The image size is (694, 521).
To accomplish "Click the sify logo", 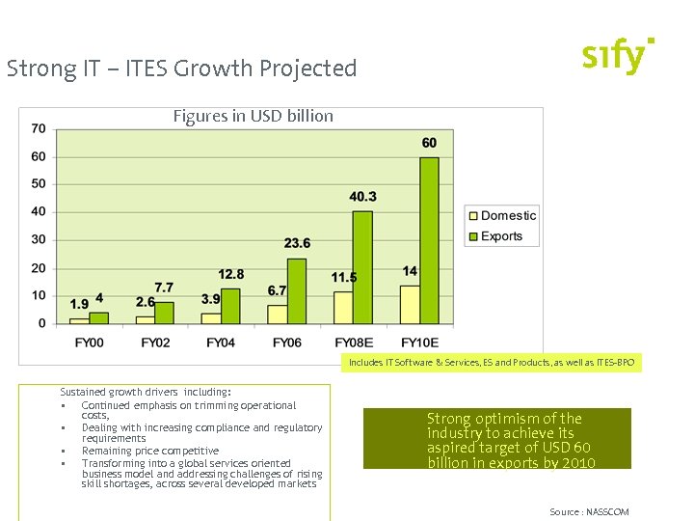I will [618, 56].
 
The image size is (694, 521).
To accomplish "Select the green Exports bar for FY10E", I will [429, 240].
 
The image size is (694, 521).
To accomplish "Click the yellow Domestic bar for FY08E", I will [343, 308].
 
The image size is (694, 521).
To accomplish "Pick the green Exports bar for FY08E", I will [362, 267].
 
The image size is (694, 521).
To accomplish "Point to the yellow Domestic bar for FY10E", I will [410, 304].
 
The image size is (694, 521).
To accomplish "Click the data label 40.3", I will [362, 197].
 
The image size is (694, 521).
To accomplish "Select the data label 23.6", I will [297, 243].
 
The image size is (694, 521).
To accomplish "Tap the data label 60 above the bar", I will [429, 143].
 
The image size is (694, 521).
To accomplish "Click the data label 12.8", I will [231, 274].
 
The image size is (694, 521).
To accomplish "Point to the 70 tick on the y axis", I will [39, 128].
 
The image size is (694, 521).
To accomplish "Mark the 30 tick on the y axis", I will [39, 239].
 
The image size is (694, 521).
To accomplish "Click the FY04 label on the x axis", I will [221, 343].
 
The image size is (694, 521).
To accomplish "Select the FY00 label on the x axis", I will [90, 343].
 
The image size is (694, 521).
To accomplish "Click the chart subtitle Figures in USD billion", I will [254, 117].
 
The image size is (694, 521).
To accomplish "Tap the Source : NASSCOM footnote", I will [589, 511].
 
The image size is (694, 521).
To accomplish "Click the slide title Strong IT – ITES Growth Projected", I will [181, 69].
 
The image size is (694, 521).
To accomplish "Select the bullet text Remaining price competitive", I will [150, 451].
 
